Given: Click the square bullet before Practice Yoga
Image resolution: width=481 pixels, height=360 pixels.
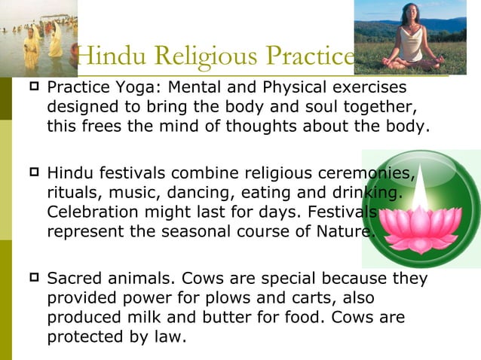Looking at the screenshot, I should [x=32, y=90].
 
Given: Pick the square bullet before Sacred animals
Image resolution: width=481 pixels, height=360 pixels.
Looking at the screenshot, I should [x=32, y=279].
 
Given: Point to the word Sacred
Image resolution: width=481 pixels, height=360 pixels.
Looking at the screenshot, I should [x=74, y=279].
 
